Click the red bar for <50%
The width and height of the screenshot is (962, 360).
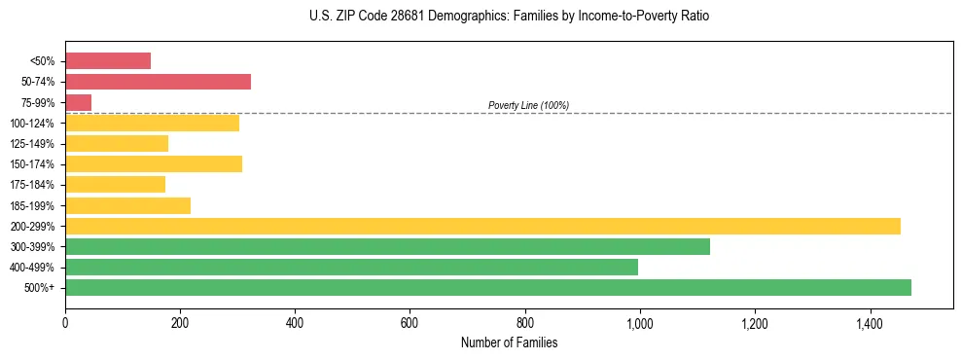pyautogui.click(x=108, y=61)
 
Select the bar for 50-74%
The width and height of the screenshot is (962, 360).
pyautogui.click(x=158, y=82)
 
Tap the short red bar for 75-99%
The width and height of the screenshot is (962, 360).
pyautogui.click(x=78, y=102)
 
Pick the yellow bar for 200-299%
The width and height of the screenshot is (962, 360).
pyautogui.click(x=482, y=226)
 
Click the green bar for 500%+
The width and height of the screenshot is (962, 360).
pyautogui.click(x=488, y=287)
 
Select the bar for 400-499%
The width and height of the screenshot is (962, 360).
pyautogui.click(x=351, y=267)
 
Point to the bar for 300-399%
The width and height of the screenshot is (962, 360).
pyautogui.click(x=387, y=246)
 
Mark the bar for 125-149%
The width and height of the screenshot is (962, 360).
pyautogui.click(x=117, y=143)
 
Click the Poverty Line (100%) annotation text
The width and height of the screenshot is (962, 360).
pyautogui.click(x=528, y=105)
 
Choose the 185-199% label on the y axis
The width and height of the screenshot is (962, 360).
pyautogui.click(x=33, y=205)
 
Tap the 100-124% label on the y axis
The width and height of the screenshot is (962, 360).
pyautogui.click(x=33, y=124)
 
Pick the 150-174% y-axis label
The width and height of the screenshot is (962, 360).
pyautogui.click(x=33, y=164)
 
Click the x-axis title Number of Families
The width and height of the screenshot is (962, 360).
pyautogui.click(x=509, y=342)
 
